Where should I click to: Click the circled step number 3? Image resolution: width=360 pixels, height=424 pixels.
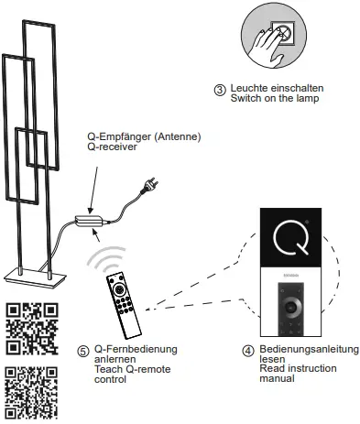pos(219,90)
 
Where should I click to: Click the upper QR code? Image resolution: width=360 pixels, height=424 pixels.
pos(32,329)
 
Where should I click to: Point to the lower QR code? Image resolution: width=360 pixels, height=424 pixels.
pos(32,391)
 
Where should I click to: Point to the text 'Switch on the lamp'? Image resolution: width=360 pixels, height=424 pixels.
pos(278,99)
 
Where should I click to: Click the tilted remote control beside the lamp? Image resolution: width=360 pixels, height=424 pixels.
pos(122,305)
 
